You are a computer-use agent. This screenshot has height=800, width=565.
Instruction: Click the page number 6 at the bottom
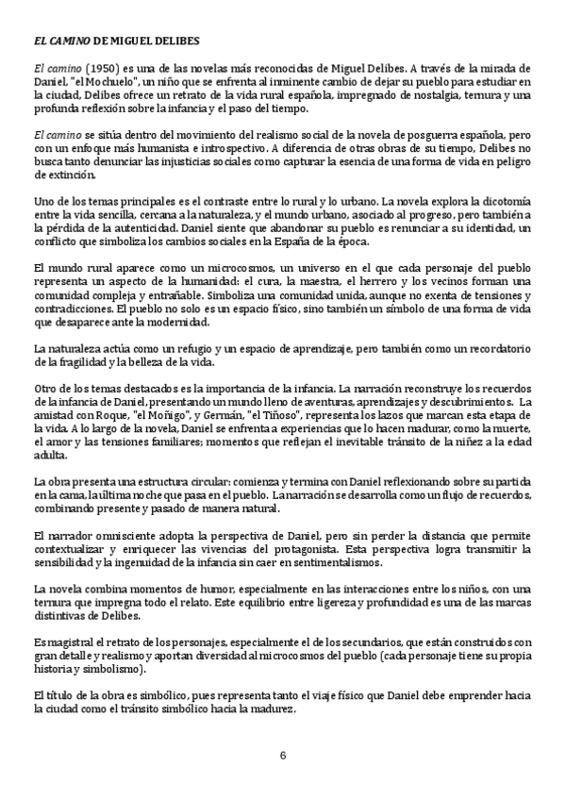(x=282, y=756)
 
